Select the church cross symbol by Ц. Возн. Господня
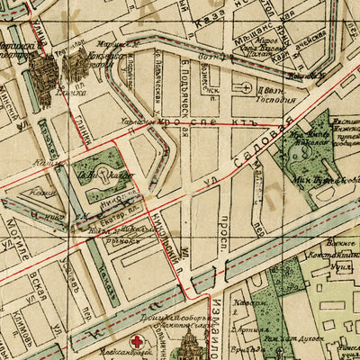[x=246, y=87]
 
